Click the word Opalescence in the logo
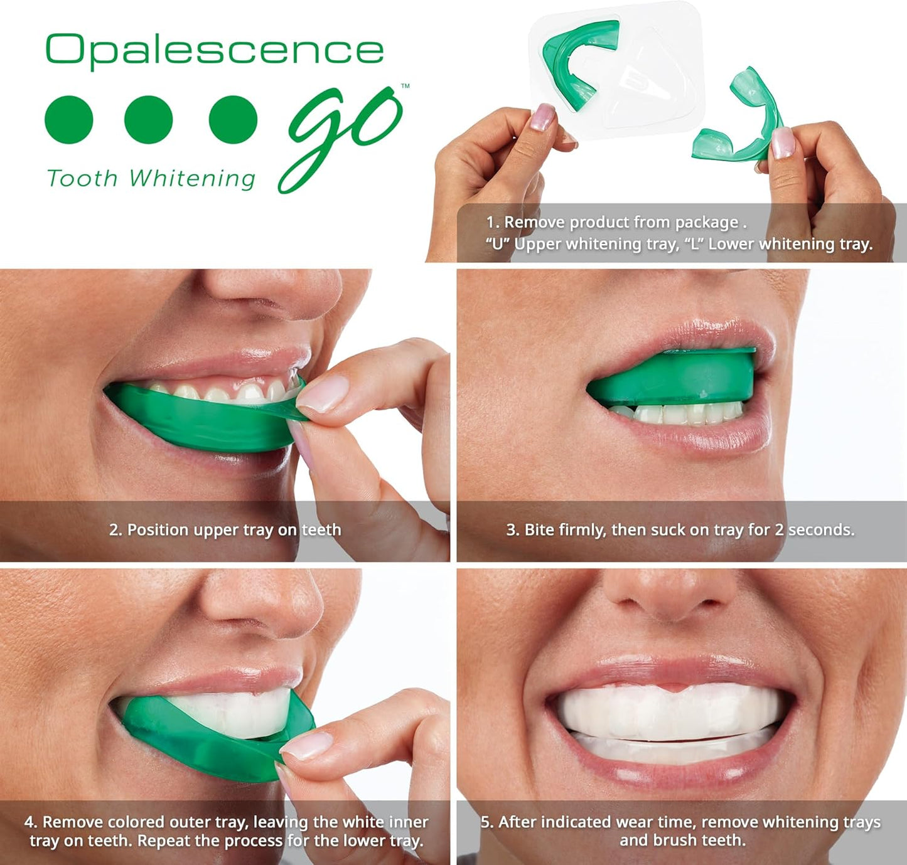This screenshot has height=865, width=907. click(x=214, y=50)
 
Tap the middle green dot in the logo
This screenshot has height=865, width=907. click(x=149, y=120)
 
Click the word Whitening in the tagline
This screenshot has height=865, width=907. click(x=192, y=179)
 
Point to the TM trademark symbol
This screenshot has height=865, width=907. click(x=405, y=86)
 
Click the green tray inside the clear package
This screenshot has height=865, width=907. click(x=577, y=63)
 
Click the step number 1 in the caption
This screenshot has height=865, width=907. click(x=491, y=223)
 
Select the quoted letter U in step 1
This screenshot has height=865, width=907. click(x=497, y=244)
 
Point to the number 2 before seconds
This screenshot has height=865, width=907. click(x=778, y=530)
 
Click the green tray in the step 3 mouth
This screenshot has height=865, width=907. click(x=672, y=376)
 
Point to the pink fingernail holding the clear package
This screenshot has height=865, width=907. click(x=542, y=117)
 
